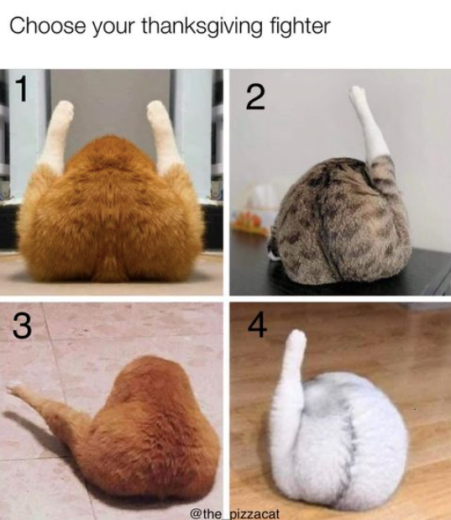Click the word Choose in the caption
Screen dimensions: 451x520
48,25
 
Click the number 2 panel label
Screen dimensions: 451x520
255,97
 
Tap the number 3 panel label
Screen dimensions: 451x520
23,326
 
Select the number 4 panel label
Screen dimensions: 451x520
257,325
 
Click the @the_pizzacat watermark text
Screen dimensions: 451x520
235,513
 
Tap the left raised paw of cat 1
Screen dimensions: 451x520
63,111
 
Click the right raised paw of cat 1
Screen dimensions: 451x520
156,111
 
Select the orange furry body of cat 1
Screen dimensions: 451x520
111,213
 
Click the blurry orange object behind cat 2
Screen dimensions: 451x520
249,222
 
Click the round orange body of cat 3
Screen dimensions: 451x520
149,431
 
